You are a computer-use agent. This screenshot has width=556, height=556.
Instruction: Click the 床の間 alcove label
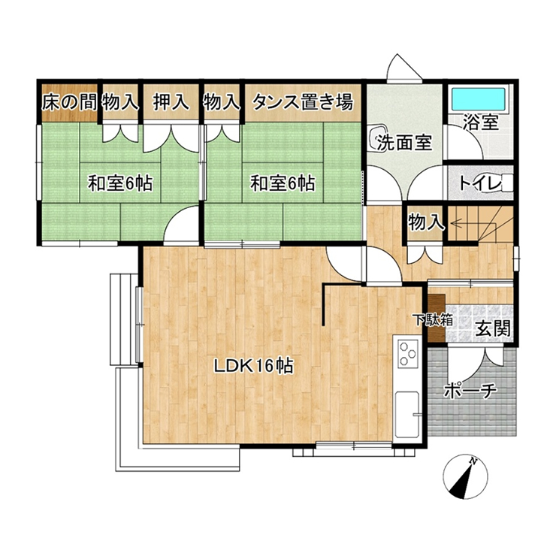click(x=69, y=102)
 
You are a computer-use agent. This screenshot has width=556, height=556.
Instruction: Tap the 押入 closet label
click(x=171, y=102)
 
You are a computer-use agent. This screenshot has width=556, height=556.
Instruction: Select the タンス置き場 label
click(x=303, y=102)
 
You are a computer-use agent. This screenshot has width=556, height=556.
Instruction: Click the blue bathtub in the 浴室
click(x=479, y=99)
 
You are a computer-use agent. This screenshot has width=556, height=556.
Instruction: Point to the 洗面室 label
click(x=404, y=143)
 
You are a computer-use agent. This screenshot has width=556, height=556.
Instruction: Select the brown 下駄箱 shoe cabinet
click(x=437, y=318)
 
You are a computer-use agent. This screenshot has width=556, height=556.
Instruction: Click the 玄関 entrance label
click(x=493, y=328)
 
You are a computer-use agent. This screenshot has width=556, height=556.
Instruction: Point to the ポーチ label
click(x=470, y=391)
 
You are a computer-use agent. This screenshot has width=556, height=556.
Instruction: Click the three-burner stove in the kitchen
click(x=407, y=353)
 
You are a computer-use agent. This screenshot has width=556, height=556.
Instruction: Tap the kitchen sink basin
click(x=407, y=414)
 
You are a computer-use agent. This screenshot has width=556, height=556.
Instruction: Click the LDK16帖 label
click(x=253, y=366)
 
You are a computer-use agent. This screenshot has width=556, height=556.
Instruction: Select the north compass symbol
click(x=465, y=477)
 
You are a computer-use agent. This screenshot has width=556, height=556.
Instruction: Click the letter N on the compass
click(x=473, y=461)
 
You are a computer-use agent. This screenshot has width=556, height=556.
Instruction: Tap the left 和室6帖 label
click(x=120, y=183)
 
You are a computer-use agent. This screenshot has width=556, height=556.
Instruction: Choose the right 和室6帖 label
click(x=283, y=183)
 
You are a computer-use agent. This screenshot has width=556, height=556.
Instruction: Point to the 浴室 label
click(x=481, y=122)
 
